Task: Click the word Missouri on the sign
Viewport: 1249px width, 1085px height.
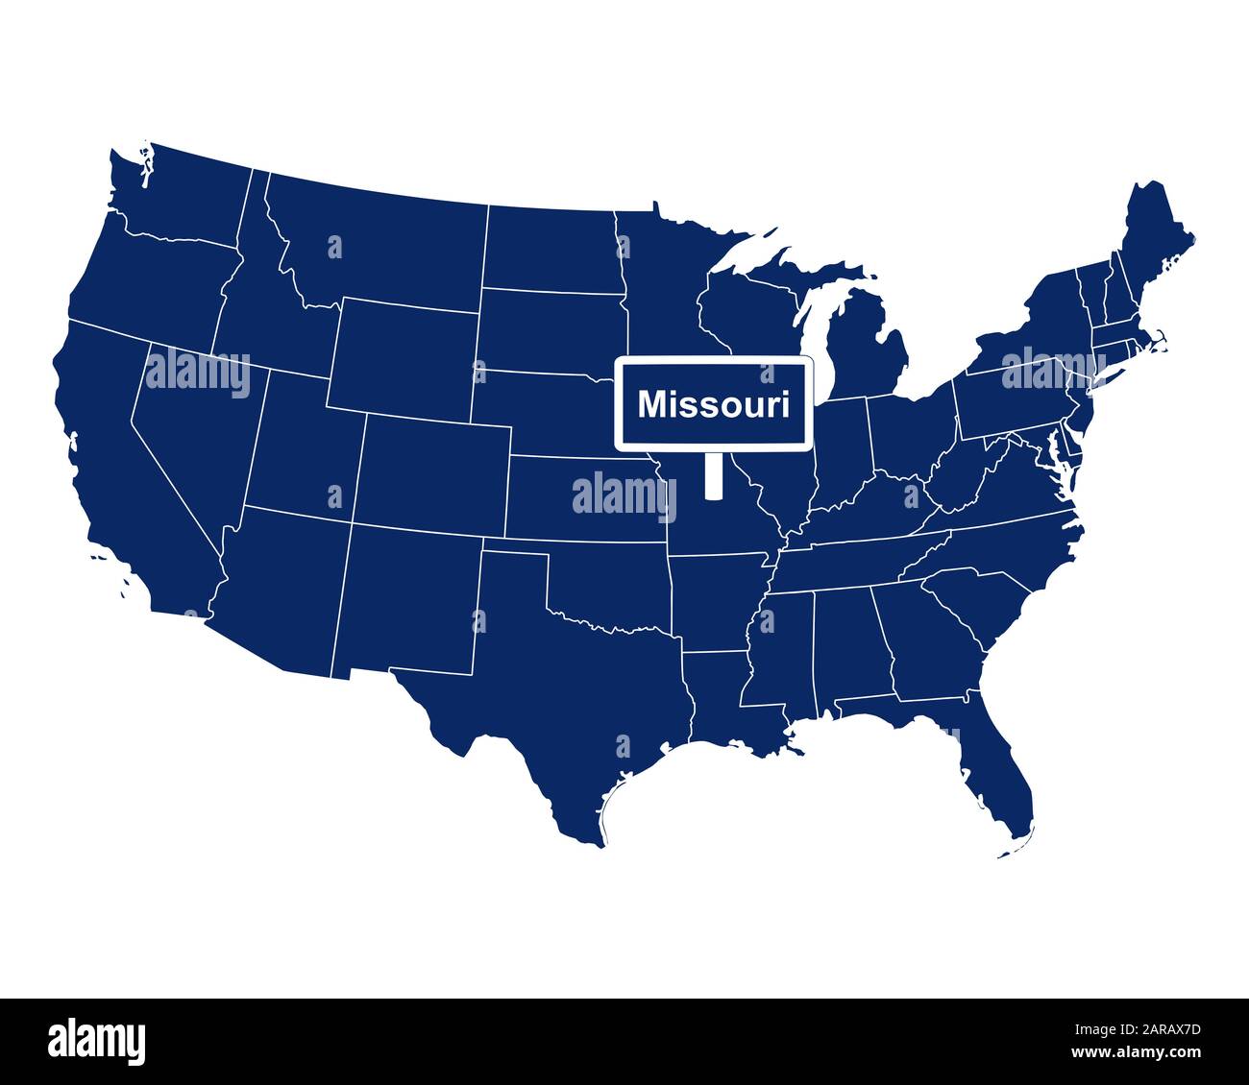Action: coord(714,404)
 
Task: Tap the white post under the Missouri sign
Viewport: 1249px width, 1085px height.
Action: coord(713,475)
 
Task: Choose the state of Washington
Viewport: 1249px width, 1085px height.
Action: coord(183,192)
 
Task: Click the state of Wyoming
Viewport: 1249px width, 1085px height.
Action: coord(404,355)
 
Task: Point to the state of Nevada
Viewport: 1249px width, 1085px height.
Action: coord(192,432)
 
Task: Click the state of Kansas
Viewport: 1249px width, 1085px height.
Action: coord(586,499)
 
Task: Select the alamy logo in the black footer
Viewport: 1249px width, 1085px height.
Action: coord(96,1041)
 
